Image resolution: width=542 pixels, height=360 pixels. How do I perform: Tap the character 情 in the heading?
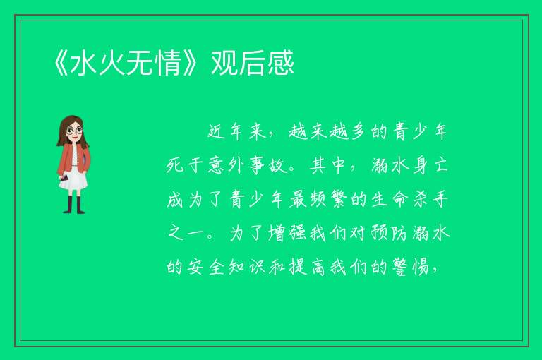[169, 63]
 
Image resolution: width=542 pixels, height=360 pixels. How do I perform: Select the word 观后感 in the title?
[253, 63]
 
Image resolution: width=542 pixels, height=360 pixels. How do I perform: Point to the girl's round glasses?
[75, 131]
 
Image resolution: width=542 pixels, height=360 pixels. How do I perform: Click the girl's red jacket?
[73, 159]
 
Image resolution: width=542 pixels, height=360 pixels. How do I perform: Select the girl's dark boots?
[73, 205]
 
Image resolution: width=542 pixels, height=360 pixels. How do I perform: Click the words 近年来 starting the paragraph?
[237, 132]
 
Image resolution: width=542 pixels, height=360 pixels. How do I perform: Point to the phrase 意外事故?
[247, 166]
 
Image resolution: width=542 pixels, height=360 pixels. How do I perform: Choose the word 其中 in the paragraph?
[327, 166]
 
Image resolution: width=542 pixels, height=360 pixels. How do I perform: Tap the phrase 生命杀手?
[410, 200]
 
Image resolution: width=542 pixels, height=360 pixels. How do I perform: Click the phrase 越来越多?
[327, 132]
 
